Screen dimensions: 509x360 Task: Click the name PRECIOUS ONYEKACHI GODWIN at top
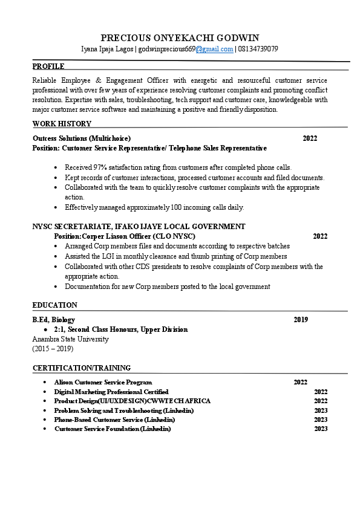point(180,37)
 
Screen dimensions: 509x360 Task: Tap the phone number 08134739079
point(258,49)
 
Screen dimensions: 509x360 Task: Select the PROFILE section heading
point(48,66)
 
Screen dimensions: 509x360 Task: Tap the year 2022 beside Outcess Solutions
point(310,138)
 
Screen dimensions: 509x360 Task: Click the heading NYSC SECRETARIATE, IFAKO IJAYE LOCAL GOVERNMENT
point(139,227)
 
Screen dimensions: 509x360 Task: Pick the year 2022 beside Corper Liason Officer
point(320,236)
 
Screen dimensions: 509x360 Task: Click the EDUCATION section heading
point(54,305)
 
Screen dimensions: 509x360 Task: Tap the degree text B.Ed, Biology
point(53,320)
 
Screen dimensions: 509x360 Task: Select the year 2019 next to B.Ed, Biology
point(301,320)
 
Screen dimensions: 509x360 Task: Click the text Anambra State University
point(70,339)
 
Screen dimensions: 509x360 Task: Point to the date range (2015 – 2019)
point(53,349)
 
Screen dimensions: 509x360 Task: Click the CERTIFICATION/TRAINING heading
point(81,368)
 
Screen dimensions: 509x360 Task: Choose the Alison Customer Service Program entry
point(103,382)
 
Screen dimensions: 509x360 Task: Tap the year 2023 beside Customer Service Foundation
point(321,429)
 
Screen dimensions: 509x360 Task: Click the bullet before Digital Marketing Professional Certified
point(45,392)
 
